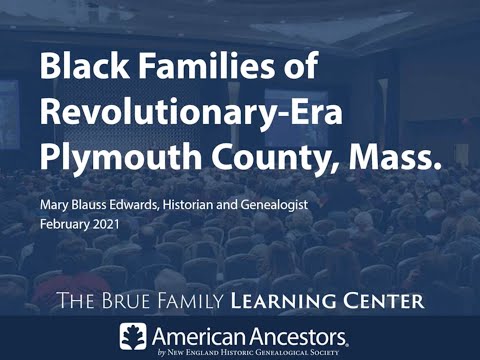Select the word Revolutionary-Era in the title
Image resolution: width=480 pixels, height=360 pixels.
tap(191, 110)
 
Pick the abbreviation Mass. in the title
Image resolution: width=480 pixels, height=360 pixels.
tap(394, 156)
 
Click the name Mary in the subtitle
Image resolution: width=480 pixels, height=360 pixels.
tap(51, 205)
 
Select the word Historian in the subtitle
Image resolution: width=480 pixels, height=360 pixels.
tap(188, 204)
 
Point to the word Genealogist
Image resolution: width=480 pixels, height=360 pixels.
tap(274, 205)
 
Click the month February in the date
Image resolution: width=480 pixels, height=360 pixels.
tap(65, 224)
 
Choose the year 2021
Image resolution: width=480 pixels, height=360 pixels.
tap(106, 224)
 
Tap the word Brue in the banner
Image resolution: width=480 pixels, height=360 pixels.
tap(126, 301)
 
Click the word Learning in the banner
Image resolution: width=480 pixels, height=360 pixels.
tap(283, 301)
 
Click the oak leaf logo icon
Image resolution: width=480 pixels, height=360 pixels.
tap(133, 336)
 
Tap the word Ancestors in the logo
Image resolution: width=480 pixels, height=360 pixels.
tap(298, 337)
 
